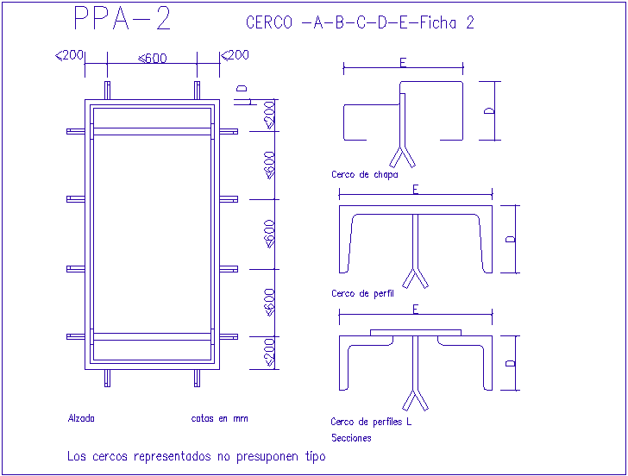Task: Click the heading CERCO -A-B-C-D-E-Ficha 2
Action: [x=360, y=23]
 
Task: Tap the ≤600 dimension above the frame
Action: [x=153, y=59]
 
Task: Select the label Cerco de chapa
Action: [x=364, y=174]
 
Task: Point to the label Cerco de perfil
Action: [x=362, y=293]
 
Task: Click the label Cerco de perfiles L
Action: [x=371, y=422]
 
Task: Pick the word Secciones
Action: [x=351, y=438]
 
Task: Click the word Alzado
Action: [x=81, y=418]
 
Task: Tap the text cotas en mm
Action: [x=219, y=418]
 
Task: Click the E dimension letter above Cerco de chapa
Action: [x=403, y=62]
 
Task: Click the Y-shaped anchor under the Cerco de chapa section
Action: [x=403, y=155]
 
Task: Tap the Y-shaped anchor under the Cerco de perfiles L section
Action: [x=415, y=399]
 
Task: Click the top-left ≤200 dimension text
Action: [x=69, y=55]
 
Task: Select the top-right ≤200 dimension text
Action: [x=235, y=55]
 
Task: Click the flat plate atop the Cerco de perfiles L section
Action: [x=416, y=332]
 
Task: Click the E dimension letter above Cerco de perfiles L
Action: [x=415, y=309]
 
